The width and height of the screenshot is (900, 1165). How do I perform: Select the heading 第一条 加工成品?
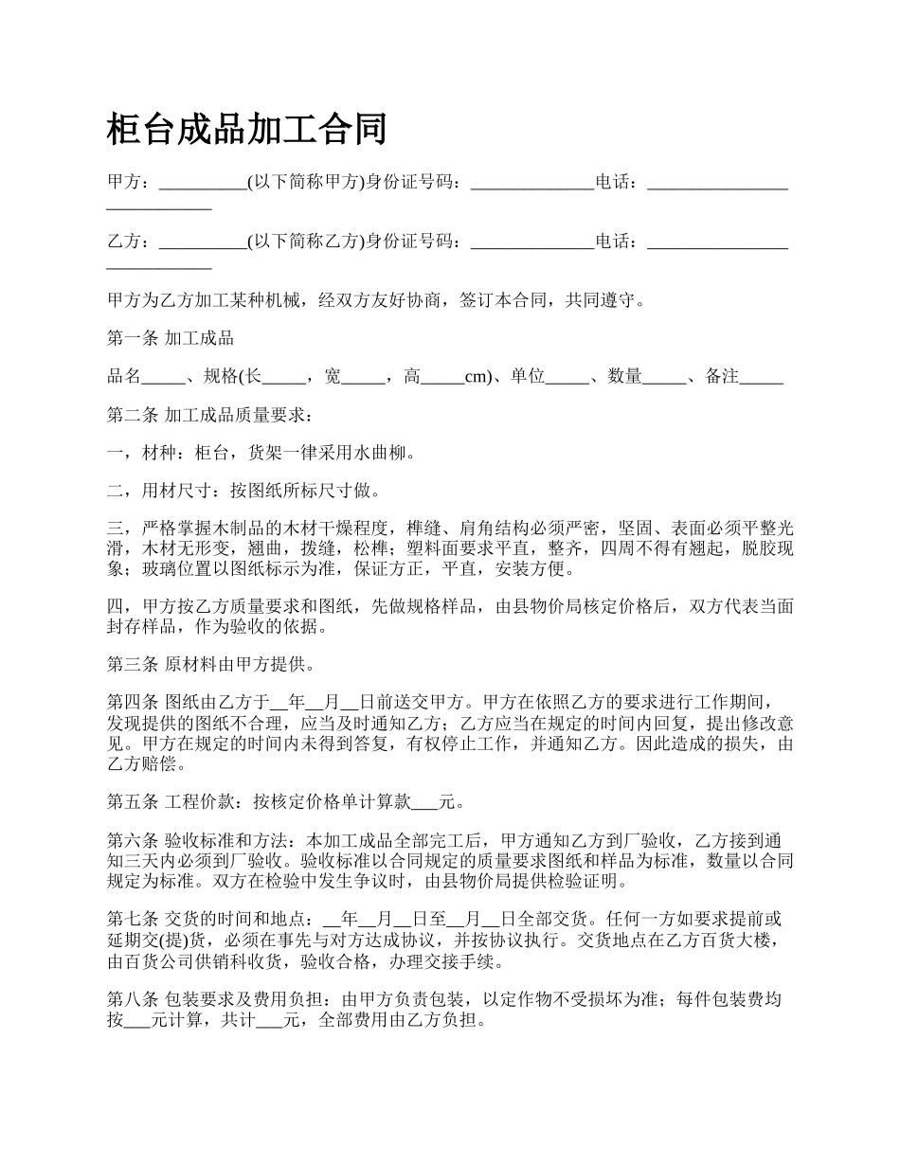pos(171,338)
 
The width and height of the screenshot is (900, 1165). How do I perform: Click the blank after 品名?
pos(163,377)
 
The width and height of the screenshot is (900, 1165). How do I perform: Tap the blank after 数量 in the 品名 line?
pos(663,377)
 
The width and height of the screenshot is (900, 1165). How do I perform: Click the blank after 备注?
pos(761,377)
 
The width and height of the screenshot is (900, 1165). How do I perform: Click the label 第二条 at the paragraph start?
pos(132,415)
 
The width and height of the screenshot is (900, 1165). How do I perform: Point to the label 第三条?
pos(132,664)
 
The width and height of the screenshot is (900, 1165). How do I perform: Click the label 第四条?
pos(132,703)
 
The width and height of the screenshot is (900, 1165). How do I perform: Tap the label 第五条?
pos(132,802)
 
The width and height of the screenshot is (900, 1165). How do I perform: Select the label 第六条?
pos(132,840)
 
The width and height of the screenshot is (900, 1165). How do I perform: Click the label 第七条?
pos(132,919)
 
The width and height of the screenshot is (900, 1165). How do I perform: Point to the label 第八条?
pos(132,998)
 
